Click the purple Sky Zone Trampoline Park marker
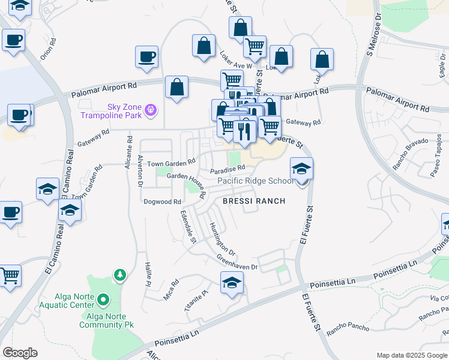tap(151, 110)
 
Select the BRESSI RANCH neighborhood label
tap(253, 202)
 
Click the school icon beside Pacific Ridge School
tap(301, 169)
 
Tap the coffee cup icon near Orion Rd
tap(13, 41)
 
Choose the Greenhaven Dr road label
tap(237, 262)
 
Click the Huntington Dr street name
tap(221, 238)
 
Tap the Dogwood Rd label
tap(162, 202)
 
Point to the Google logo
tap(20, 352)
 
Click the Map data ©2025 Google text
tap(412, 355)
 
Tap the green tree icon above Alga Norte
tap(120, 275)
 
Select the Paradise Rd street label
tap(228, 170)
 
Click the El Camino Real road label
tap(53, 246)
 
